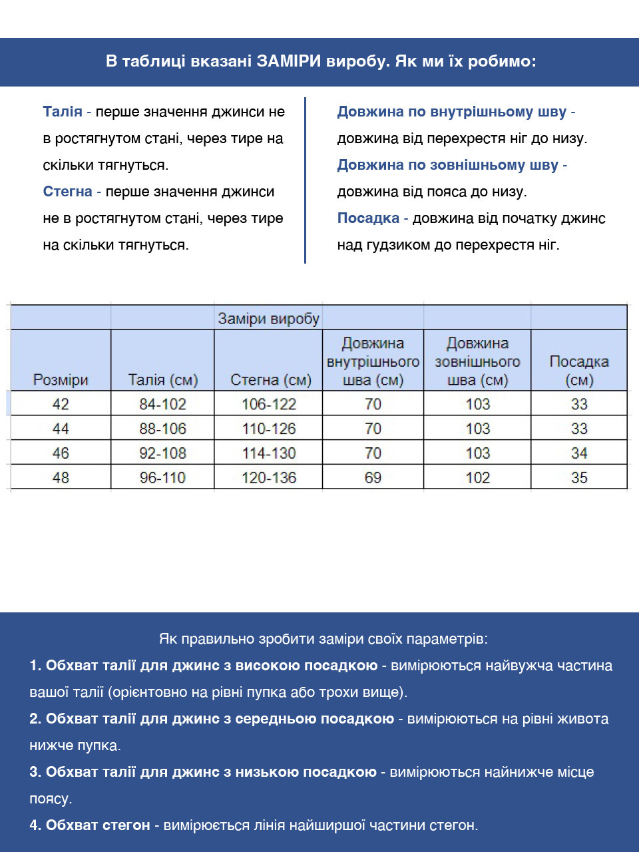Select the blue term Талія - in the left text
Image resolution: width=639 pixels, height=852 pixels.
click(x=67, y=112)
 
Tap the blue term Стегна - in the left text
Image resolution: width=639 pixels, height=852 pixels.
click(x=72, y=192)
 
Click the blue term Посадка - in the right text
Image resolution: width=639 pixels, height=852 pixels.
click(x=372, y=218)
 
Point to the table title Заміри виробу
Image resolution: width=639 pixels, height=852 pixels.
click(x=268, y=319)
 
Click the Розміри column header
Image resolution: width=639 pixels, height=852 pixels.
click(x=61, y=380)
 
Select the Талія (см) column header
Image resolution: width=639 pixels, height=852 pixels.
click(x=163, y=380)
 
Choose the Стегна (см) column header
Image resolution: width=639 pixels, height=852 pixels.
click(x=270, y=380)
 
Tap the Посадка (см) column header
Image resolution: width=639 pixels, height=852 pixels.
click(x=579, y=371)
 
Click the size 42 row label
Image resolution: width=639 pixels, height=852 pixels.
click(x=61, y=404)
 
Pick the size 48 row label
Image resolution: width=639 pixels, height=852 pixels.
click(x=61, y=477)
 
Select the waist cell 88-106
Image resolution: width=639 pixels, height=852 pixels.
click(x=163, y=429)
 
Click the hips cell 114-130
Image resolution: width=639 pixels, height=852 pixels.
click(x=269, y=453)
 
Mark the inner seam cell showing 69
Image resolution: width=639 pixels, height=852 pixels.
click(x=373, y=477)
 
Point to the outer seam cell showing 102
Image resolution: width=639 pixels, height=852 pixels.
click(x=478, y=477)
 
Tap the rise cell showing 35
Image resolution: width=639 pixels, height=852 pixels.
click(x=579, y=477)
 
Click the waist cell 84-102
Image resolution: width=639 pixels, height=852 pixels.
click(x=163, y=404)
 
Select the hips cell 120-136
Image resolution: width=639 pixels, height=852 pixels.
click(x=269, y=477)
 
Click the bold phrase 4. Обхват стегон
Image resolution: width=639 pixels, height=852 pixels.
click(x=90, y=825)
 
